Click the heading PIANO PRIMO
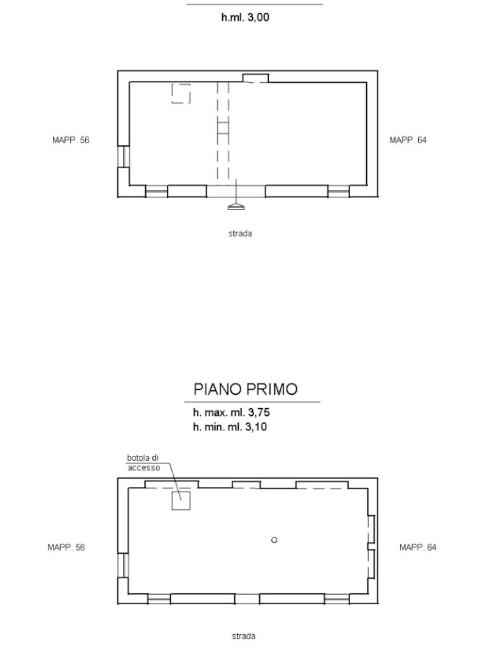pyautogui.click(x=245, y=389)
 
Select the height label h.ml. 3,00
pyautogui.click(x=245, y=17)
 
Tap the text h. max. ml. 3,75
pyautogui.click(x=231, y=413)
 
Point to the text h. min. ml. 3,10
pyautogui.click(x=229, y=427)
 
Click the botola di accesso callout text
pyautogui.click(x=143, y=463)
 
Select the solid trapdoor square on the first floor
pyautogui.click(x=181, y=500)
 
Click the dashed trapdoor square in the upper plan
pyautogui.click(x=181, y=94)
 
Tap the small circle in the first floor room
pyautogui.click(x=274, y=540)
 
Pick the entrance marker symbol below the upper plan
pyautogui.click(x=236, y=206)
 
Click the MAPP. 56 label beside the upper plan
pyautogui.click(x=71, y=140)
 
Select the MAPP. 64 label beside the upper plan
pyautogui.click(x=408, y=140)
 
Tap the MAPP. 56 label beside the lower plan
pyautogui.click(x=66, y=547)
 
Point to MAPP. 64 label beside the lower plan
pyautogui.click(x=418, y=547)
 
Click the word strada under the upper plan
pyautogui.click(x=240, y=234)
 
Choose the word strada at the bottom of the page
pyautogui.click(x=243, y=636)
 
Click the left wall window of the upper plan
pyautogui.click(x=124, y=157)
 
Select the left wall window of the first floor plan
pyautogui.click(x=123, y=565)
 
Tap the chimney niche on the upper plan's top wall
pyautogui.click(x=256, y=78)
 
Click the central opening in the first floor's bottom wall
pyautogui.click(x=247, y=599)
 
